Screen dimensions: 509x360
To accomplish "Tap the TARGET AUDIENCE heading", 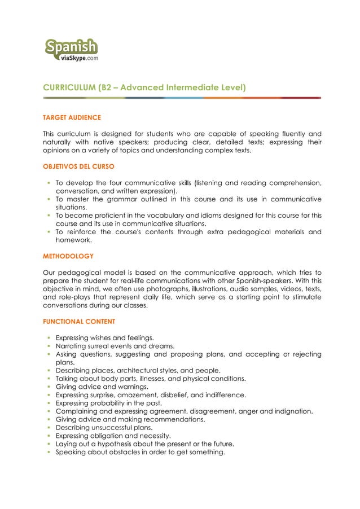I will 72,118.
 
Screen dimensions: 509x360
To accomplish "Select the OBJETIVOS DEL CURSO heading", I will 78,167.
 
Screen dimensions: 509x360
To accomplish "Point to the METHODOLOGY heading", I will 68,256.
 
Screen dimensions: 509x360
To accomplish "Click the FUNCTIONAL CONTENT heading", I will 78,321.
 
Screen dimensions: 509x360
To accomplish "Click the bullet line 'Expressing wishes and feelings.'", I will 104,337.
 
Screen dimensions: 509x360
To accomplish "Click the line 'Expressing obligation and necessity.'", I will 113,436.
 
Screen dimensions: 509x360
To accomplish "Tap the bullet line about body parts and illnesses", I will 150,378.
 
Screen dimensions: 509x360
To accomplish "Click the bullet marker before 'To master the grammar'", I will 49,199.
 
